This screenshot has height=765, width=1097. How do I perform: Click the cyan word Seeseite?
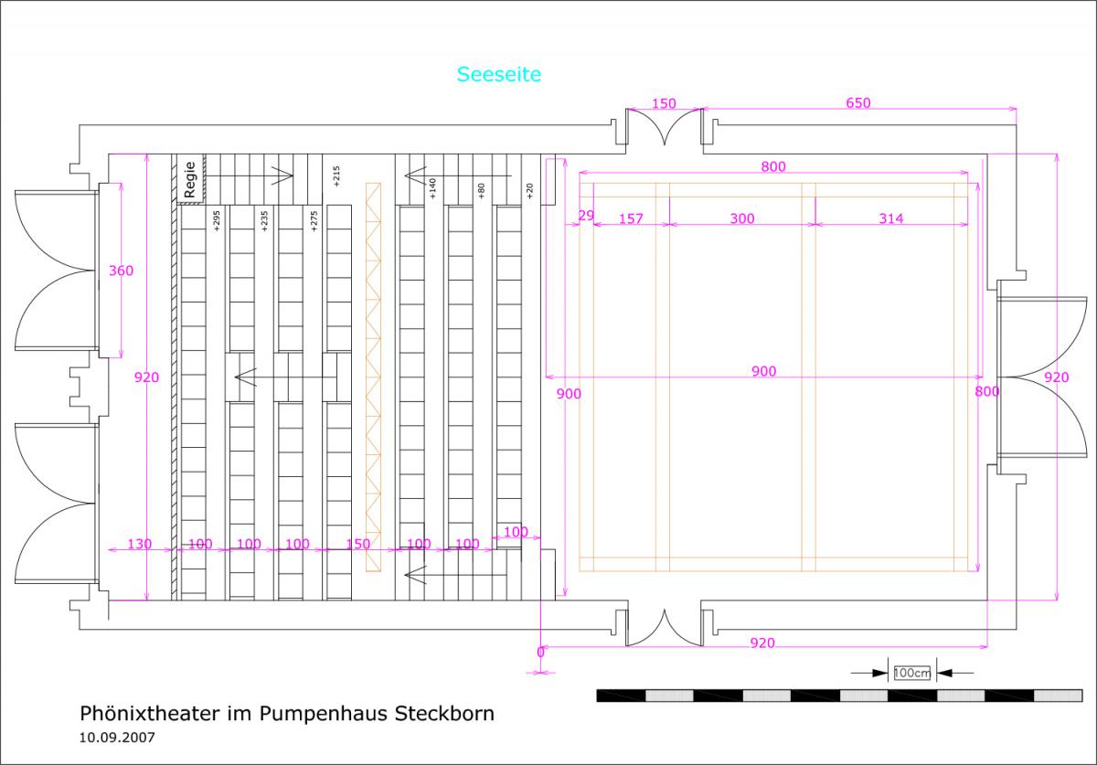[499, 75]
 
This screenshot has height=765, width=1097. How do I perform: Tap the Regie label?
[190, 180]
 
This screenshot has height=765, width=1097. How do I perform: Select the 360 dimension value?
[121, 271]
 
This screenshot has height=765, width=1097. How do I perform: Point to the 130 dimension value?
[139, 544]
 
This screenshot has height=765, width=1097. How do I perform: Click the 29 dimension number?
[587, 215]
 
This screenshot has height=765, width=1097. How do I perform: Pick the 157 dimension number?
[632, 218]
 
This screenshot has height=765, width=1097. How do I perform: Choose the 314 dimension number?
[890, 218]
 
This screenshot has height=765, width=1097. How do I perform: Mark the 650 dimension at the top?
[857, 103]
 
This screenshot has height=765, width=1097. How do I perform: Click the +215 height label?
[337, 176]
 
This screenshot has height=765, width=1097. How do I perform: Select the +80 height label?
[481, 190]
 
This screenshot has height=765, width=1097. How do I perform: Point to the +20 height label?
[529, 190]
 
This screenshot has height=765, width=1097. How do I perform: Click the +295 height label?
[217, 221]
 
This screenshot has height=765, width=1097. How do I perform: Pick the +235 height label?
[265, 221]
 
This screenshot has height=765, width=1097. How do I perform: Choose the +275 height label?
[314, 221]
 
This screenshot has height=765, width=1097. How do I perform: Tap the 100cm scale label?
[911, 674]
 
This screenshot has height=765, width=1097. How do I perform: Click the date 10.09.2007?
[117, 735]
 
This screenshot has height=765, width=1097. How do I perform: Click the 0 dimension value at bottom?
[539, 653]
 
